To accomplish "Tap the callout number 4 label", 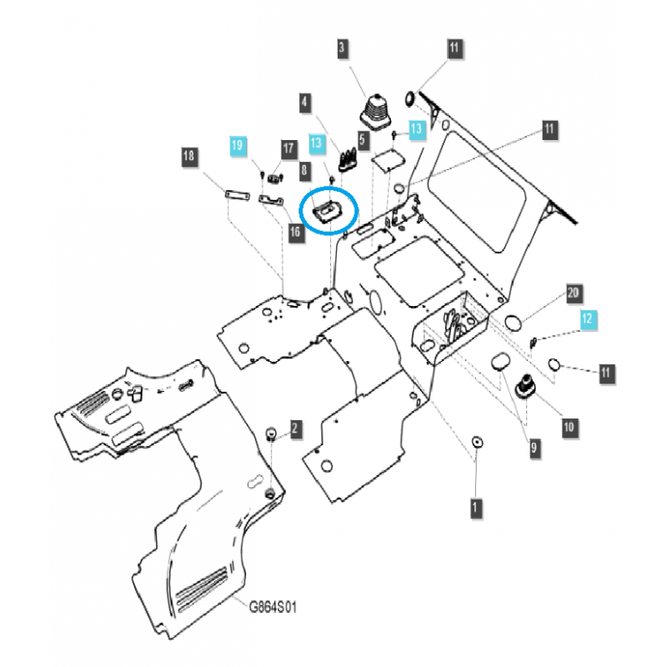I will tap(305, 103).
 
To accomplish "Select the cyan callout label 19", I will tap(238, 145).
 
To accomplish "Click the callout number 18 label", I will tap(189, 156).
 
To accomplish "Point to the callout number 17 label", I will tap(288, 149).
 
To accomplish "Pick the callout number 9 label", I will tap(534, 448).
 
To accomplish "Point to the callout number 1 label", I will tap(475, 505).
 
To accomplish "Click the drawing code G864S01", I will tap(272, 607).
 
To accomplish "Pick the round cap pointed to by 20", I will tap(514, 322).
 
